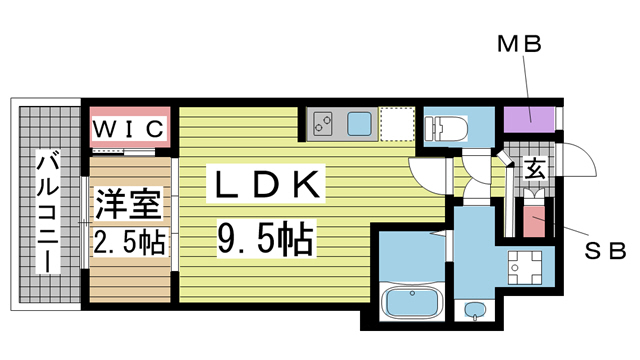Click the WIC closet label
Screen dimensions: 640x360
129,129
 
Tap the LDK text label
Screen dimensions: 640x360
266,184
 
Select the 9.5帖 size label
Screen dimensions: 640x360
266,239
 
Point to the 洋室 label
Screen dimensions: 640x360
128,204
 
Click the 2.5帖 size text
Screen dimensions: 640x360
129,242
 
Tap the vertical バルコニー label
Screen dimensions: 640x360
48,212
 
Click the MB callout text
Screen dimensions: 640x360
519,44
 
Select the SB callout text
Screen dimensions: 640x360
605,251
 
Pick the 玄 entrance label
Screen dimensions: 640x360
534,169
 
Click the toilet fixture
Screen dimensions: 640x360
446,127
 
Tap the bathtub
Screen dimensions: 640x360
412,302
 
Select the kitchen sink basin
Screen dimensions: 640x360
359,124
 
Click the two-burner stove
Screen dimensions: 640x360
323,124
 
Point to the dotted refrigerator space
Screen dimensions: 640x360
397,124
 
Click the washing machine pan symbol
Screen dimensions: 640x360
524,268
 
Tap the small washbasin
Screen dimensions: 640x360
473,310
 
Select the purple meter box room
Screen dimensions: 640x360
529,119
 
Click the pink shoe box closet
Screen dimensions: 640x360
534,222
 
